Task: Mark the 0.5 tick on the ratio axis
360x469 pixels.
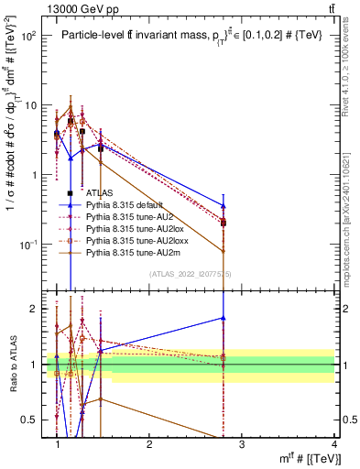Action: pyautogui.click(x=37, y=420)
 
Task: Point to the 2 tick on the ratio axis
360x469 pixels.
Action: pyautogui.click(x=39, y=309)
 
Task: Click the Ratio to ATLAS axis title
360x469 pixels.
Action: pyautogui.click(x=13, y=365)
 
